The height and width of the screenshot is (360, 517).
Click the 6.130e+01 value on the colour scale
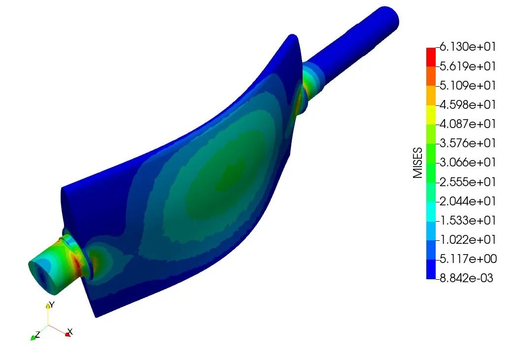pos(468,47)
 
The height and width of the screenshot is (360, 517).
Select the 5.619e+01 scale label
pos(468,66)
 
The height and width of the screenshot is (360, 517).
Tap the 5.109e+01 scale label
pos(468,85)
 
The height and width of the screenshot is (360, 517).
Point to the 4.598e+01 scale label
pos(468,104)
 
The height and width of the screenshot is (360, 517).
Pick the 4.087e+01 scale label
pos(468,124)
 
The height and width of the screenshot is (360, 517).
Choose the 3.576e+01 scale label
pos(468,143)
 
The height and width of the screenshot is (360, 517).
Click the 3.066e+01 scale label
pos(468,162)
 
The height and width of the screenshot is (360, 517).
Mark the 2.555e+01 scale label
pos(468,182)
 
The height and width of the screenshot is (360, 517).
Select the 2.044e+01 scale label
pos(468,200)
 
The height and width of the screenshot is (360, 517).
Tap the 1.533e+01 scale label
pos(468,220)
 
